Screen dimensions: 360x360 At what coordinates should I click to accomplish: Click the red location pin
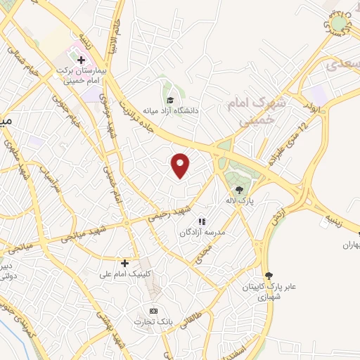181,165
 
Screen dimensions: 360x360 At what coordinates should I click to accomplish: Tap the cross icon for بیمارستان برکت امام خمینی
81,60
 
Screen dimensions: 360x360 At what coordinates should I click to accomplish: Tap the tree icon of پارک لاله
239,189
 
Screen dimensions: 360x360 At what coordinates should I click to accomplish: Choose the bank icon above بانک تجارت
153,311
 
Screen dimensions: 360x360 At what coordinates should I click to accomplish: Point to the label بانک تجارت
153,322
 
